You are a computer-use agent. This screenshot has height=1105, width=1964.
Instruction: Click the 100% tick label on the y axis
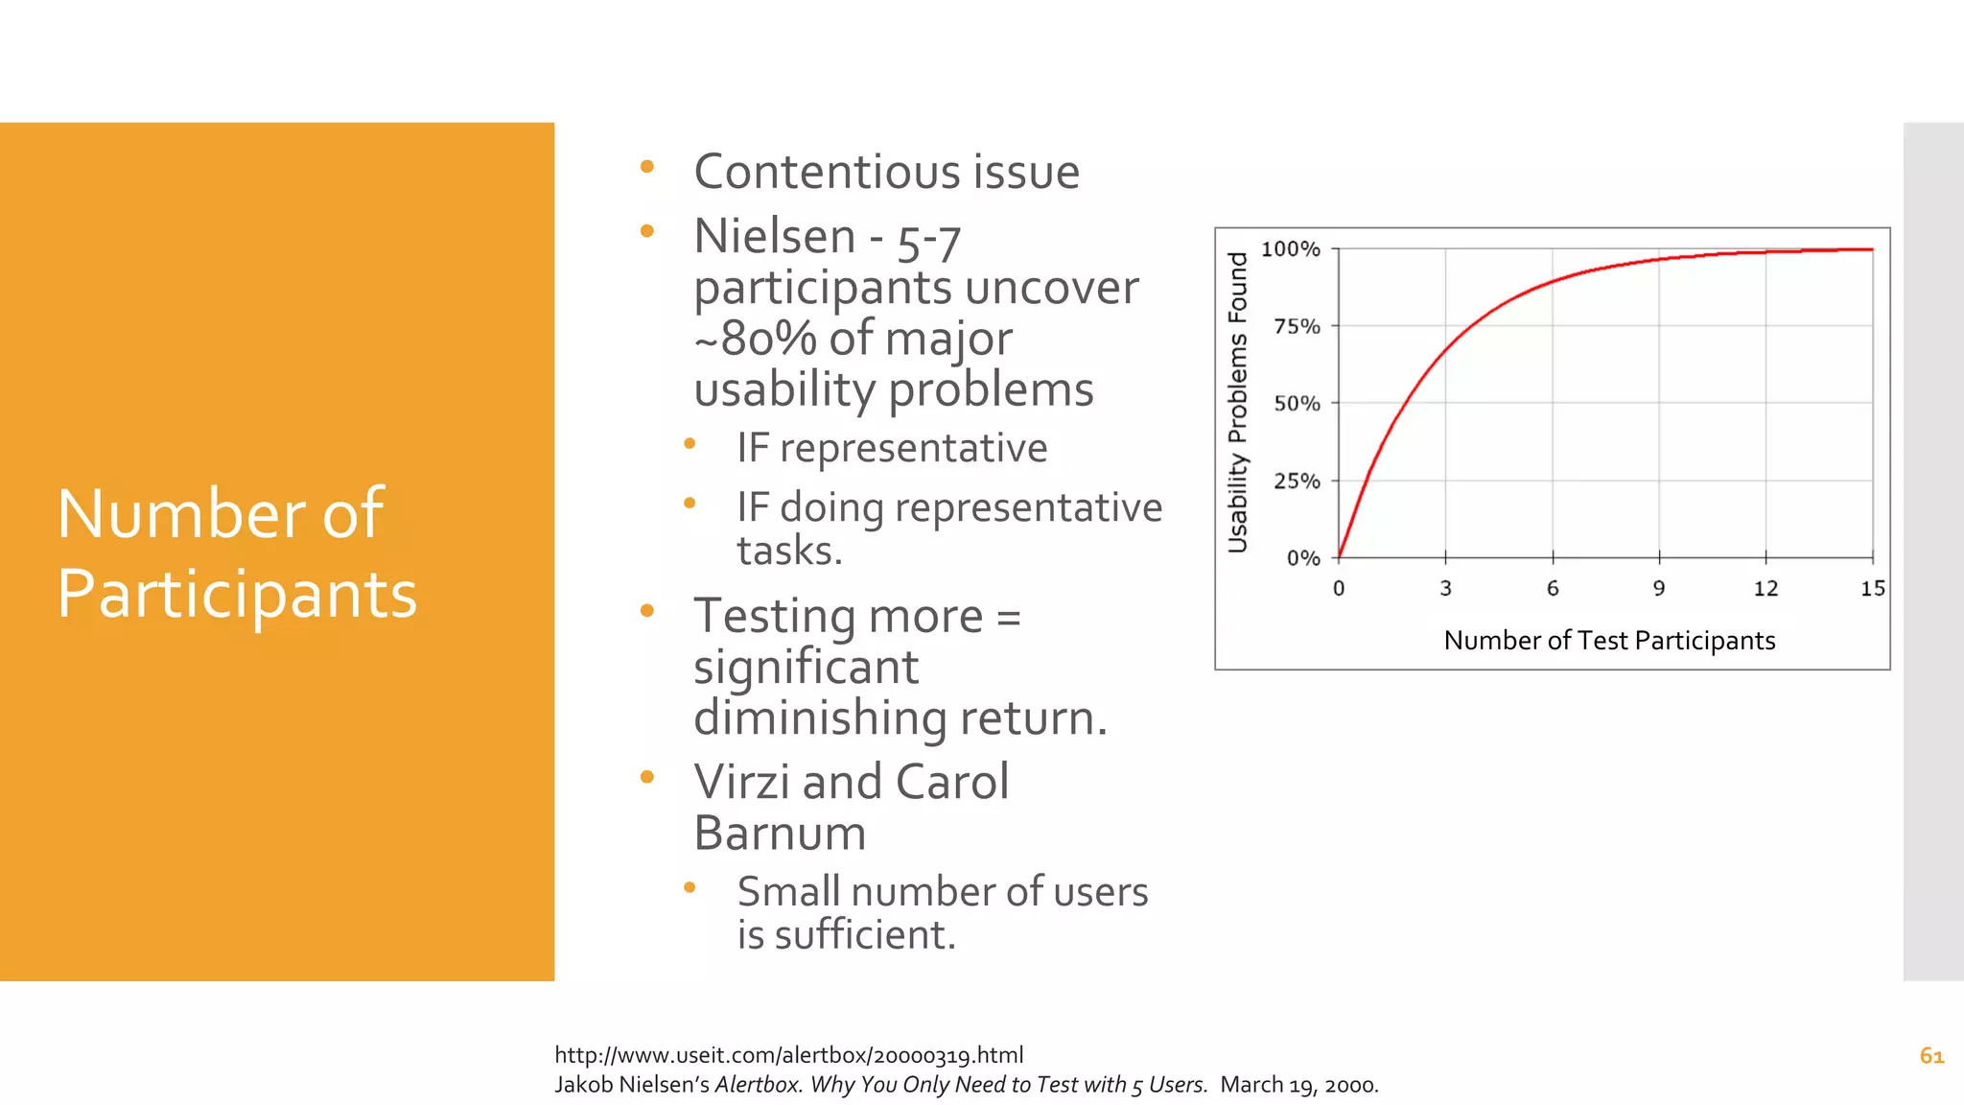coord(1290,249)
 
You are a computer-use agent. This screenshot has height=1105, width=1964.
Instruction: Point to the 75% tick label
coord(1297,327)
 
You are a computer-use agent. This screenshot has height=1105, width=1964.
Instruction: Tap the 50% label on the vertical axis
coord(1297,404)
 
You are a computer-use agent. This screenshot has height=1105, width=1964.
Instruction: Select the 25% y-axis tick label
coord(1297,482)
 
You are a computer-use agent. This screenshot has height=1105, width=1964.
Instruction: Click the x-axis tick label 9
coord(1659,589)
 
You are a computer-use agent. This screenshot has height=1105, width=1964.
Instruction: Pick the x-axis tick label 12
coord(1765,589)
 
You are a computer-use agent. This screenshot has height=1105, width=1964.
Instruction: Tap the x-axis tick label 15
coord(1872,589)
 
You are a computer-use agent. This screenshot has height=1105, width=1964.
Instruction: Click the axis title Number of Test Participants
coord(1609,641)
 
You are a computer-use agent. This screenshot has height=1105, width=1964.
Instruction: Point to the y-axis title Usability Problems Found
coord(1238,403)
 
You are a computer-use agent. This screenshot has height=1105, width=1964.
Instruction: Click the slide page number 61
coord(1931,1056)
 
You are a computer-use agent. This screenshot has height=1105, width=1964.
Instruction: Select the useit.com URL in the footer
coord(788,1055)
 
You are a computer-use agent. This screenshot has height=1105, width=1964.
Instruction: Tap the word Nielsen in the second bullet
coord(775,237)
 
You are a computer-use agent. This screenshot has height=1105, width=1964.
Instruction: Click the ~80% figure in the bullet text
coord(756,339)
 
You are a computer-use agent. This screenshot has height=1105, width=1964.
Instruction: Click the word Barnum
coord(780,833)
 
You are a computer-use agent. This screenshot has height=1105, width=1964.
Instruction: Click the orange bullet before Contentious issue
coord(647,167)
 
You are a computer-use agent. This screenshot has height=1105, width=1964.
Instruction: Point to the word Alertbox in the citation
coord(758,1085)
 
